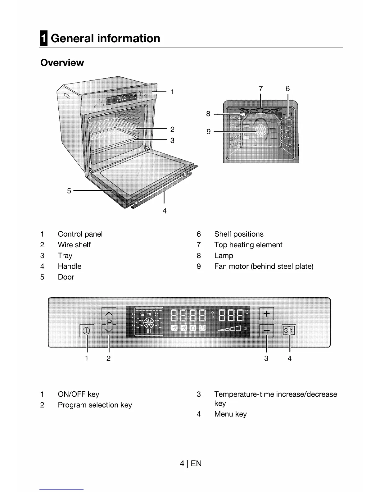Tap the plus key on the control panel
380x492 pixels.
266,314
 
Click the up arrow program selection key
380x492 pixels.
109,313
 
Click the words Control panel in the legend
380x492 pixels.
80,234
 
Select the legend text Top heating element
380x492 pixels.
248,245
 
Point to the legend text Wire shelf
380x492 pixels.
74,245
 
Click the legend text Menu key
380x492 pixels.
230,414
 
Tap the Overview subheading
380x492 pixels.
62,63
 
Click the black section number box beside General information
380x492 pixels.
44,39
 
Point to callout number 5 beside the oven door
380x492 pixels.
69,191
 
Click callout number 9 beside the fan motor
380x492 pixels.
209,132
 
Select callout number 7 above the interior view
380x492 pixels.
260,89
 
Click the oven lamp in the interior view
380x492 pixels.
243,115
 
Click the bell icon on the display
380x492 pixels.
193,328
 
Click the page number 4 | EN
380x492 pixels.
190,464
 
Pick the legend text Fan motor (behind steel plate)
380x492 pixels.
264,266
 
